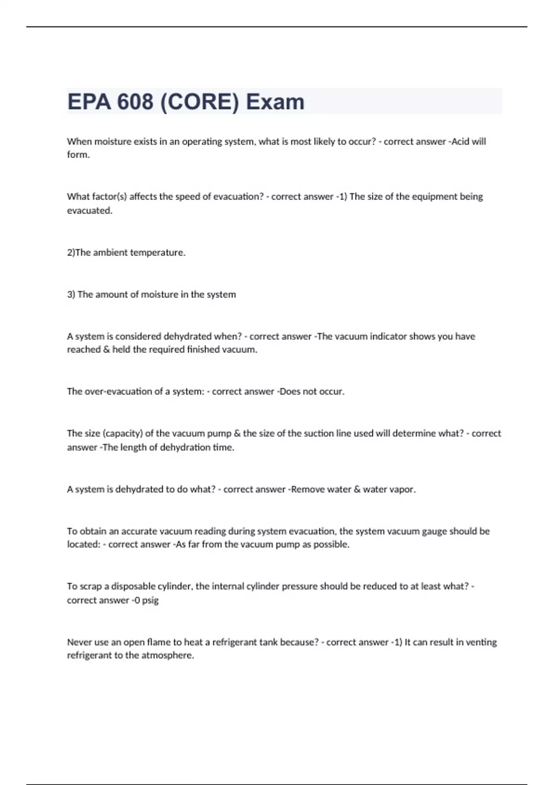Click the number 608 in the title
pyautogui.click(x=135, y=102)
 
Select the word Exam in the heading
pyautogui.click(x=275, y=102)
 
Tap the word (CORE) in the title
pyautogui.click(x=199, y=102)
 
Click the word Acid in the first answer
pyautogui.click(x=460, y=141)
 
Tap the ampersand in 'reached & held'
pyautogui.click(x=107, y=350)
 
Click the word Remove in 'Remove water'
pyautogui.click(x=307, y=489)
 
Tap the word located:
pyautogui.click(x=84, y=544)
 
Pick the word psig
pyautogui.click(x=151, y=600)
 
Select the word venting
pyautogui.click(x=481, y=642)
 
